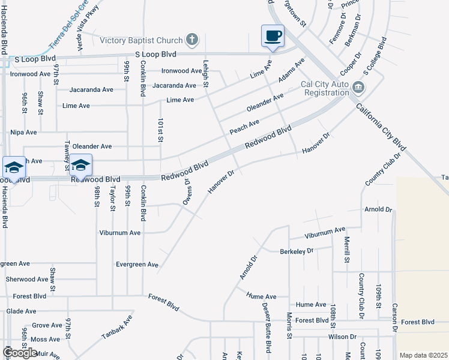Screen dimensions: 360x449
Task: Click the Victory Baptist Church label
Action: click(x=141, y=41)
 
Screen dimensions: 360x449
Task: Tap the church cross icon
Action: click(x=192, y=40)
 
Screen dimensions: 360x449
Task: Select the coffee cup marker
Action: click(x=273, y=35)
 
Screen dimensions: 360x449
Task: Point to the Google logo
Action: click(x=20, y=353)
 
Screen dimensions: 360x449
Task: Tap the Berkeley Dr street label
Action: click(x=297, y=251)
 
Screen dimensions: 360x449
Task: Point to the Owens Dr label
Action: click(x=187, y=191)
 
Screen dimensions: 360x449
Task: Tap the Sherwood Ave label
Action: click(x=26, y=280)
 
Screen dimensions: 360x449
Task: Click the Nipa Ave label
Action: click(x=23, y=132)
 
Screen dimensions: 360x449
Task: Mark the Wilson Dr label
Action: click(x=342, y=337)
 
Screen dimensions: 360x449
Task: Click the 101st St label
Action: click(x=161, y=130)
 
